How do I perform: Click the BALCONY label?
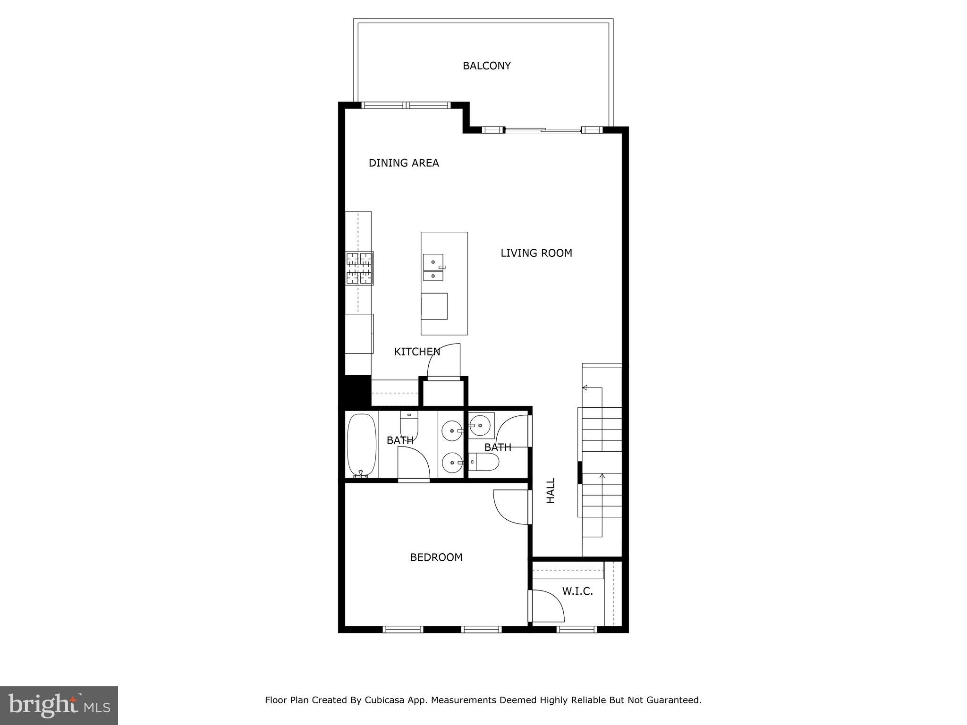point(486,66)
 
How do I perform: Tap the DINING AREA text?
point(404,163)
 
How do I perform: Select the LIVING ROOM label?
point(536,253)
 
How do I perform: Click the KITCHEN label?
point(417,352)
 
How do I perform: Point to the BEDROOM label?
point(436,557)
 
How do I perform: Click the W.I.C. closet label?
point(577,591)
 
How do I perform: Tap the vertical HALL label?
point(551,490)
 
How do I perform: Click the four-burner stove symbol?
point(359,268)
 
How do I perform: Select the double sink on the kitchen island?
point(433,268)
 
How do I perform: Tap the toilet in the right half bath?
point(484,462)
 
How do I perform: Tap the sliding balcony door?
point(543,129)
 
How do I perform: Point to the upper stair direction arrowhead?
point(585,388)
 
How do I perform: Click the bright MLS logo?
point(59,705)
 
